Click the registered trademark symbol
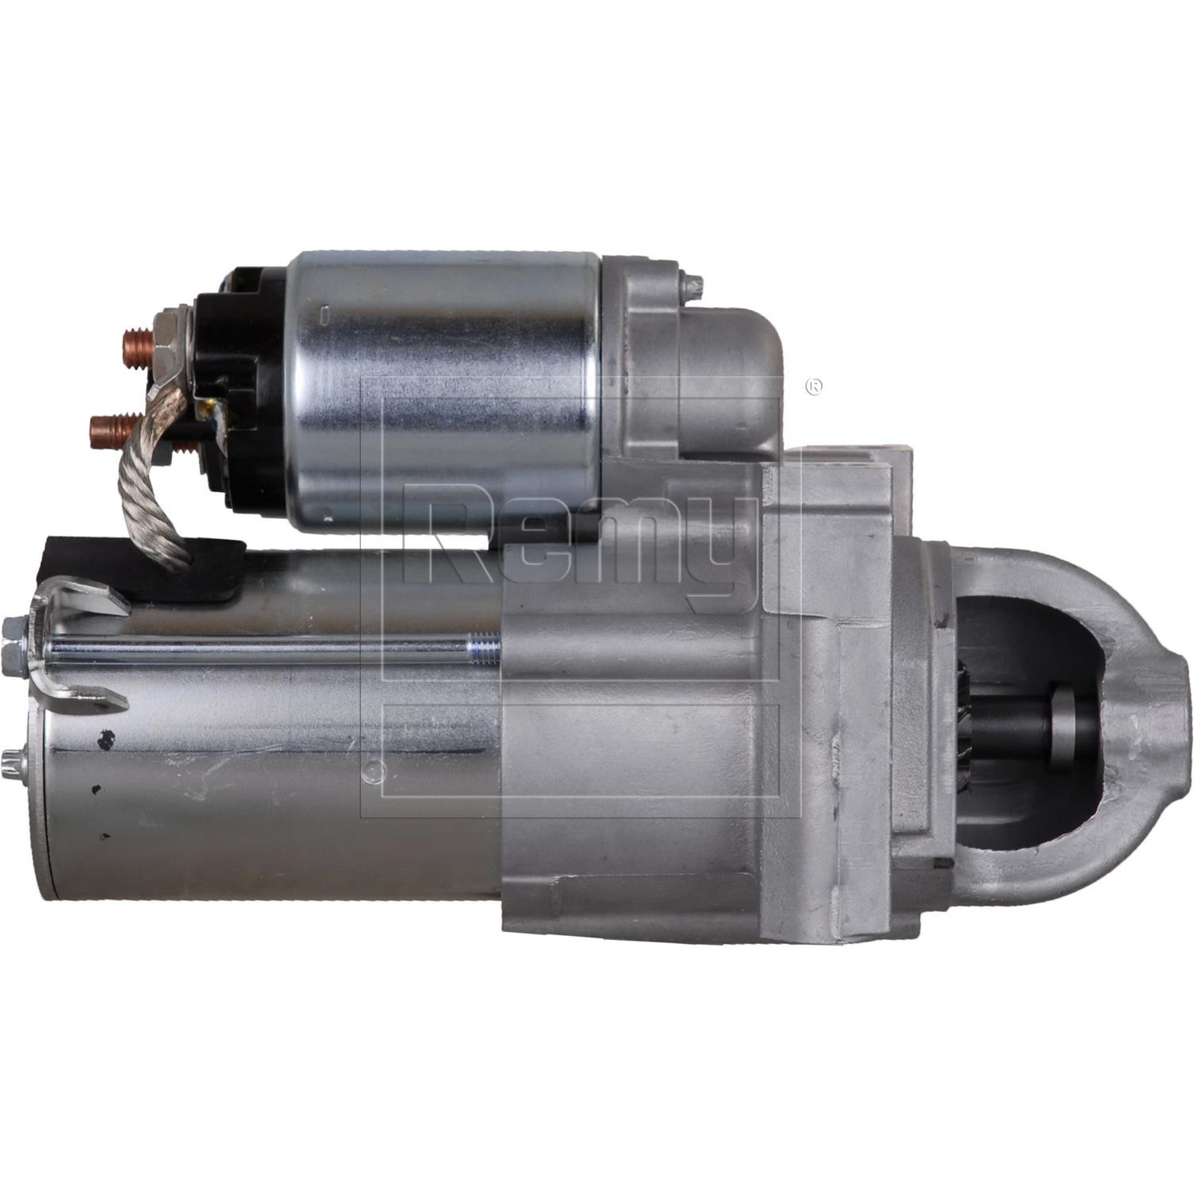point(814,386)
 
